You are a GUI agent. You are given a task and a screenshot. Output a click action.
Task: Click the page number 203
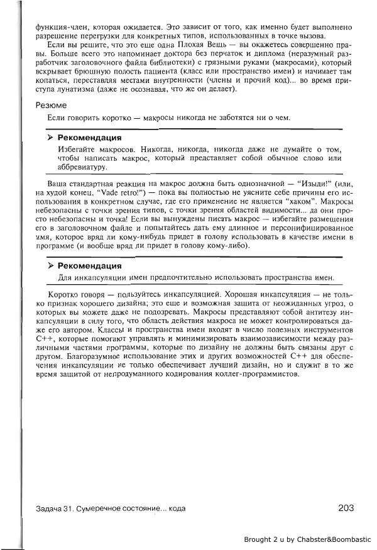point(347,507)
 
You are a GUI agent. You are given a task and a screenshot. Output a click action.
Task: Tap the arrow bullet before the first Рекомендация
point(50,137)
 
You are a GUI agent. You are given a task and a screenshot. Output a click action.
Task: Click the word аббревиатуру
point(82,167)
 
